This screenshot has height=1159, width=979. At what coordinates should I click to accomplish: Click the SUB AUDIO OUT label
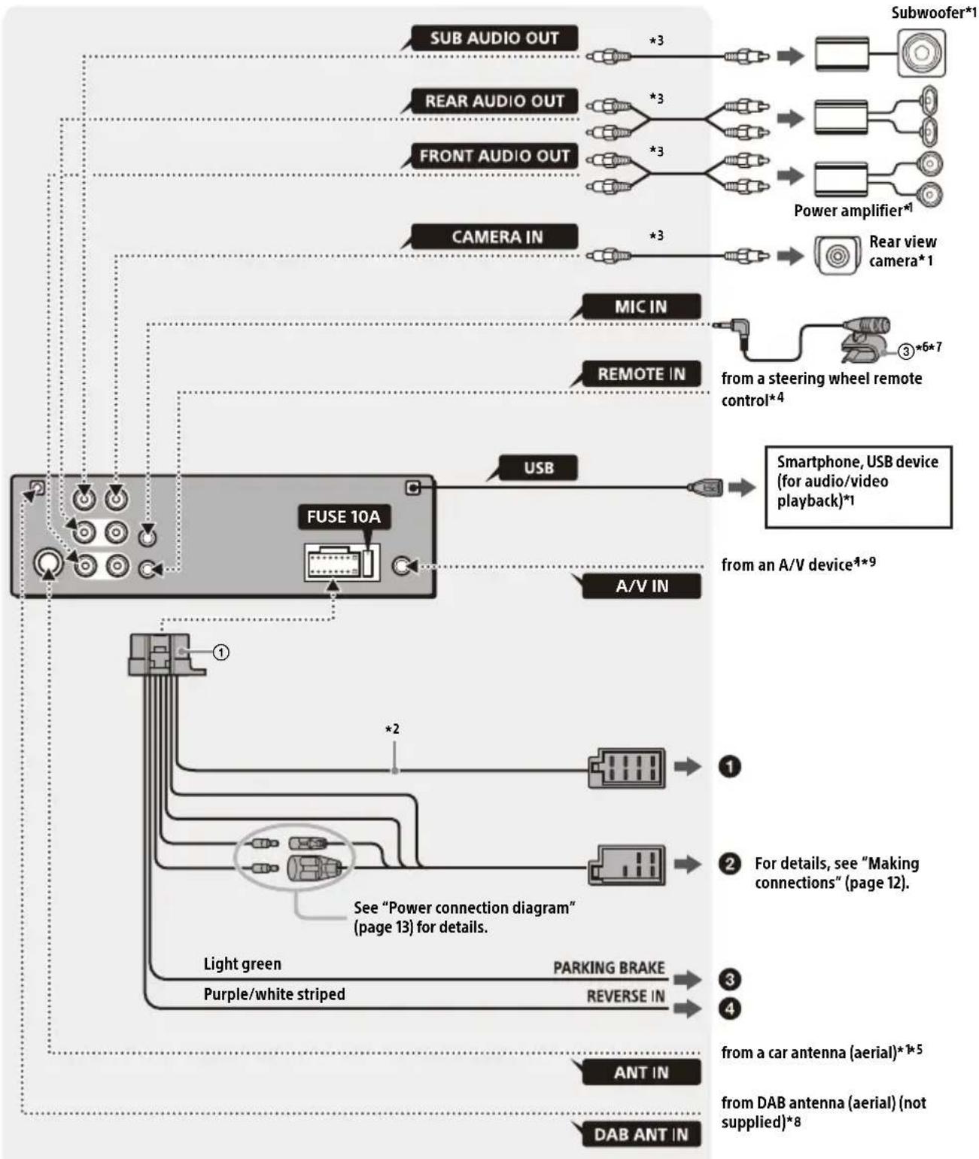pos(494,38)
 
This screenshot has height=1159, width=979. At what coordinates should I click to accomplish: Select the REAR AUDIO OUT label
pos(494,101)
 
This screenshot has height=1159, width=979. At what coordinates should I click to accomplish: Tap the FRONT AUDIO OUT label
pos(494,156)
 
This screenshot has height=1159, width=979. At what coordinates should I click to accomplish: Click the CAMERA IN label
pos(497,237)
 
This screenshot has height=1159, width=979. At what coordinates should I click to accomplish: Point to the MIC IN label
pos(640,307)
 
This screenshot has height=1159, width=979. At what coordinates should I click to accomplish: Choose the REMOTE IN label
pos(641,374)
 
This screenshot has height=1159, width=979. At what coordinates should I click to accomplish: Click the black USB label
pos(538,468)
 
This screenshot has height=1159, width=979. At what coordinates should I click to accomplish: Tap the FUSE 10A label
pos(343,517)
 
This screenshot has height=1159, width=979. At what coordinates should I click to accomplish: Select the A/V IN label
pos(641,586)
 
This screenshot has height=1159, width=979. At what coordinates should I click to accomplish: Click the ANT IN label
pos(640,1072)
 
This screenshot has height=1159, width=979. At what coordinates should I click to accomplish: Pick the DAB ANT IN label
pos(640,1135)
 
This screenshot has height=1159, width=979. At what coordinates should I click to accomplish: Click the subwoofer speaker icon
pos(921,53)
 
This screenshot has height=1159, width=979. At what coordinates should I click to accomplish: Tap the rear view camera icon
pos(837,256)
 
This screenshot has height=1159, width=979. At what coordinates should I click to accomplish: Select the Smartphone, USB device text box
pos(858,487)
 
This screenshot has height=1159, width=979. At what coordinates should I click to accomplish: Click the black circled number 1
pos(729,767)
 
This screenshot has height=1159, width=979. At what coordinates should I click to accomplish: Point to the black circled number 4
pos(729,1008)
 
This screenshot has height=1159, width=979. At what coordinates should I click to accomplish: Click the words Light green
pos(242,964)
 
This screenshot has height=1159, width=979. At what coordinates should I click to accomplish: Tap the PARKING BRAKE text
pos(609,968)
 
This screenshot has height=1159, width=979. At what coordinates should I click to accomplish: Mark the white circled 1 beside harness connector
pos(220,653)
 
